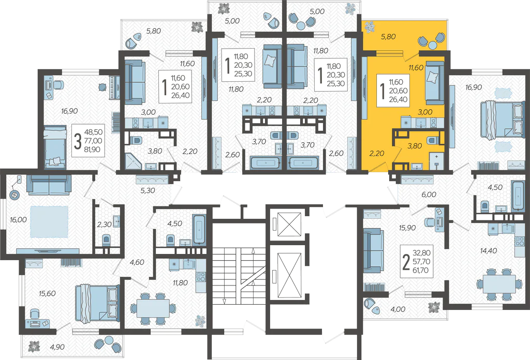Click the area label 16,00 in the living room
point(18,220)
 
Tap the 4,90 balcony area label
point(57,347)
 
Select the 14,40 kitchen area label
point(489,250)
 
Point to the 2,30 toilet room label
point(105,224)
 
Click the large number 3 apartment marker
point(78,141)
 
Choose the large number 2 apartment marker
point(406,262)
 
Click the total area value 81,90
point(92,149)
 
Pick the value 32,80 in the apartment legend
point(421,252)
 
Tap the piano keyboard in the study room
point(114,87)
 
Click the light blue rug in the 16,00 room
point(49,222)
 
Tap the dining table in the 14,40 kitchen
point(499,284)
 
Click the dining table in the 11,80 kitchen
point(153,308)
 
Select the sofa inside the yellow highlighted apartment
point(435,83)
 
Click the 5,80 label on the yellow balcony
point(388,37)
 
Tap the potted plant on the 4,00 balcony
point(434,307)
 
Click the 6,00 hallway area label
point(429,194)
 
